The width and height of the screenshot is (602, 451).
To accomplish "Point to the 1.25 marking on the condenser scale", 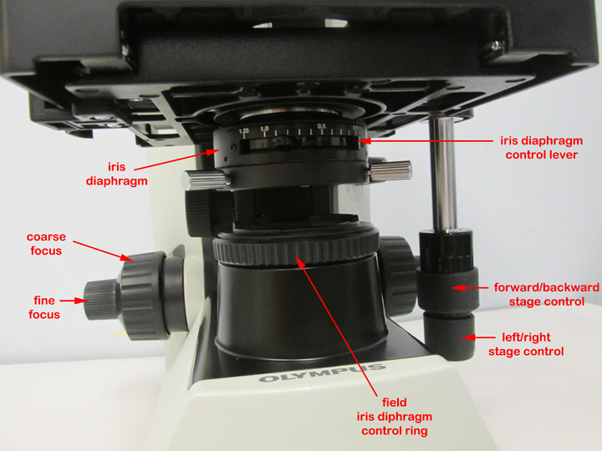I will (243, 132).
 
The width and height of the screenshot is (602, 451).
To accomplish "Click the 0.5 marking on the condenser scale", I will (321, 127).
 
